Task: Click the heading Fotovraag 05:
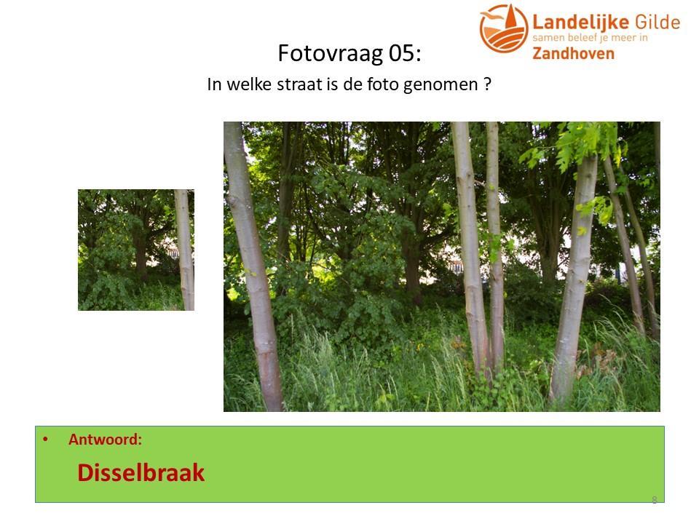click(x=349, y=53)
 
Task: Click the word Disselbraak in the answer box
click(x=141, y=472)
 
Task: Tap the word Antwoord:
click(x=105, y=440)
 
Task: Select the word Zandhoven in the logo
click(x=573, y=53)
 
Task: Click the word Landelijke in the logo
click(x=580, y=22)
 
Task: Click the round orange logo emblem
click(x=504, y=28)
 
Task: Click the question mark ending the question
click(x=488, y=84)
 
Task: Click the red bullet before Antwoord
click(x=45, y=440)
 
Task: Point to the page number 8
click(x=655, y=500)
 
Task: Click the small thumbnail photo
click(x=136, y=250)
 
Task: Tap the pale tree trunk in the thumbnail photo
click(x=185, y=250)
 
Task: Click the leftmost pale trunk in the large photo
click(x=253, y=266)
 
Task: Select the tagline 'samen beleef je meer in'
click(x=591, y=38)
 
